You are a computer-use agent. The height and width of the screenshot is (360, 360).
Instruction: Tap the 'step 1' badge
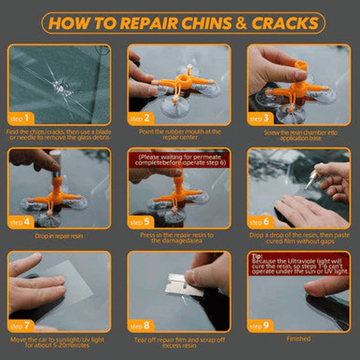(22, 119)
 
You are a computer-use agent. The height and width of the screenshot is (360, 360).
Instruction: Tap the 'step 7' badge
(22, 326)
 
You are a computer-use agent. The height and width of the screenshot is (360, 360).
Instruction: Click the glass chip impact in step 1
(59, 88)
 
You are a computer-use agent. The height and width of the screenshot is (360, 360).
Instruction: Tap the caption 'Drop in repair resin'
(59, 236)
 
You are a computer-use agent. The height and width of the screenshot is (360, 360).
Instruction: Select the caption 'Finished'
(298, 339)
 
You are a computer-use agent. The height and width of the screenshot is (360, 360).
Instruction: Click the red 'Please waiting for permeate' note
(179, 160)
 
